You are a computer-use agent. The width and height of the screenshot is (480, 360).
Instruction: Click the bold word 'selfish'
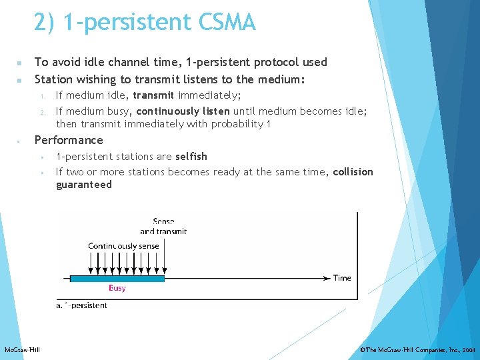191,156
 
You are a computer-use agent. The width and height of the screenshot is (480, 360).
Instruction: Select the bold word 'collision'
353,172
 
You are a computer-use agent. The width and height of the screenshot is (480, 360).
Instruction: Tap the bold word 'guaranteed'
83,185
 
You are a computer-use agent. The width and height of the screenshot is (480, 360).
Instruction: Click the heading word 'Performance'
69,140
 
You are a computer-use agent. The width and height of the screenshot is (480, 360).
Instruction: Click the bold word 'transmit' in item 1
153,95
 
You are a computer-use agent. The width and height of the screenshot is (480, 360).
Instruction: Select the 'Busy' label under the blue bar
117,288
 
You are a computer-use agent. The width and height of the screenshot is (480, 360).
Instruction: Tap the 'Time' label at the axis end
342,278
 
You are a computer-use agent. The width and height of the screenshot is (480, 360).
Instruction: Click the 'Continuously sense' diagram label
123,246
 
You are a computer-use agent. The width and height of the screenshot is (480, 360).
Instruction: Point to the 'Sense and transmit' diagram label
163,227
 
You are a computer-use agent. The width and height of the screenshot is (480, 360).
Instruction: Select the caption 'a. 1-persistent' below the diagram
82,305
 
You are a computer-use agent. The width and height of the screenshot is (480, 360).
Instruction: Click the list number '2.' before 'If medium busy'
41,111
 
